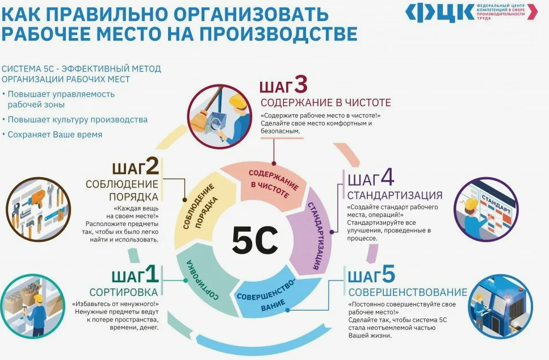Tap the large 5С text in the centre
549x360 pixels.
tap(254, 240)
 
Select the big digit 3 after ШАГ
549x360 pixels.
tap(301, 85)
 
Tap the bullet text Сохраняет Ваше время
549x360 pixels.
tap(55, 135)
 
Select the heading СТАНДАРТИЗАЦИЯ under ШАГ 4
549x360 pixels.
tap(395, 195)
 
